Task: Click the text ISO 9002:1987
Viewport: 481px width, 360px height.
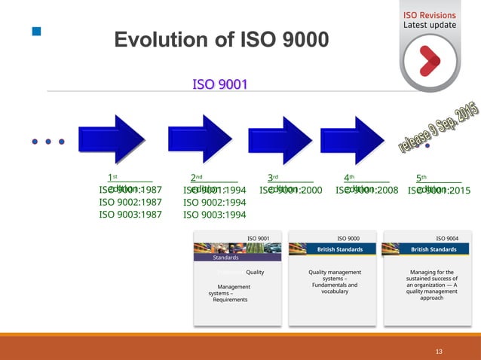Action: [x=130, y=202]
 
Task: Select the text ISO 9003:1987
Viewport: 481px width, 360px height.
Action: [x=130, y=215]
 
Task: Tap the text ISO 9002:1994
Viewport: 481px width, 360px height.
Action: [x=215, y=202]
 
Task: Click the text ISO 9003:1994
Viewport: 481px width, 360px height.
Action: [x=215, y=215]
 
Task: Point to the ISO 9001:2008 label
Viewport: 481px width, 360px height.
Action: [x=366, y=191]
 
